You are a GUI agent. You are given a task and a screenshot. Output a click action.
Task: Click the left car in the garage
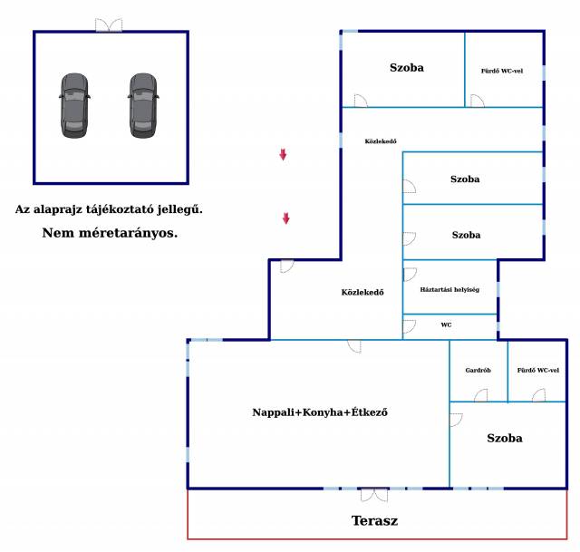pos(75,105)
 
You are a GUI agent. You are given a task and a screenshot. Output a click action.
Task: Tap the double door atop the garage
pos(109,25)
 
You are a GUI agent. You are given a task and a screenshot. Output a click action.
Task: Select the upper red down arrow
pos(283,155)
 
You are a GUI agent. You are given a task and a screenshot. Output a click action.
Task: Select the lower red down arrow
pos(286,218)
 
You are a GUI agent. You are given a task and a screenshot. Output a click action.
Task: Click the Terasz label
pos(374,521)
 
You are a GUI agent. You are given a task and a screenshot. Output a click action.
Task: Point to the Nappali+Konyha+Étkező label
pos(320,412)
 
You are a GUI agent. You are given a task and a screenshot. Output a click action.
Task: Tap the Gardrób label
pos(478,370)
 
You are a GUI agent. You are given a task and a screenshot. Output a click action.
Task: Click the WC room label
pos(446,324)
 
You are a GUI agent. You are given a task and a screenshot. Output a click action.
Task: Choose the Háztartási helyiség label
pos(449,289)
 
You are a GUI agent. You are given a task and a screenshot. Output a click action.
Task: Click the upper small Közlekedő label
pos(381,140)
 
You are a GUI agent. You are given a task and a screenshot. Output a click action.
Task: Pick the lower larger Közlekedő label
pos(362,292)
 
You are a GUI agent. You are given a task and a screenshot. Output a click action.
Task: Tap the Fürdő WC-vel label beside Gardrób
pos(537,370)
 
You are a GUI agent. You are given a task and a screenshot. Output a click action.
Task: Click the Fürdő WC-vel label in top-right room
pos(502,70)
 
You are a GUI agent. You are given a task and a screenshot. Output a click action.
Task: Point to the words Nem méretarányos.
pos(110,233)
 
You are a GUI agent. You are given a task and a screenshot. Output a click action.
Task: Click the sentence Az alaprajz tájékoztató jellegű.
pos(109,209)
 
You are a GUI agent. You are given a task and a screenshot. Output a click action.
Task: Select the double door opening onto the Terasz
pos(373,494)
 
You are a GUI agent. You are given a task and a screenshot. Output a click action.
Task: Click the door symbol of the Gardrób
pos(480,395)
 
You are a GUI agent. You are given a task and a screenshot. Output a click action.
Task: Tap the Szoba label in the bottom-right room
pos(504,438)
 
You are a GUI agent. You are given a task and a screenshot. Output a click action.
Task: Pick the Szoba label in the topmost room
pos(407,67)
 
